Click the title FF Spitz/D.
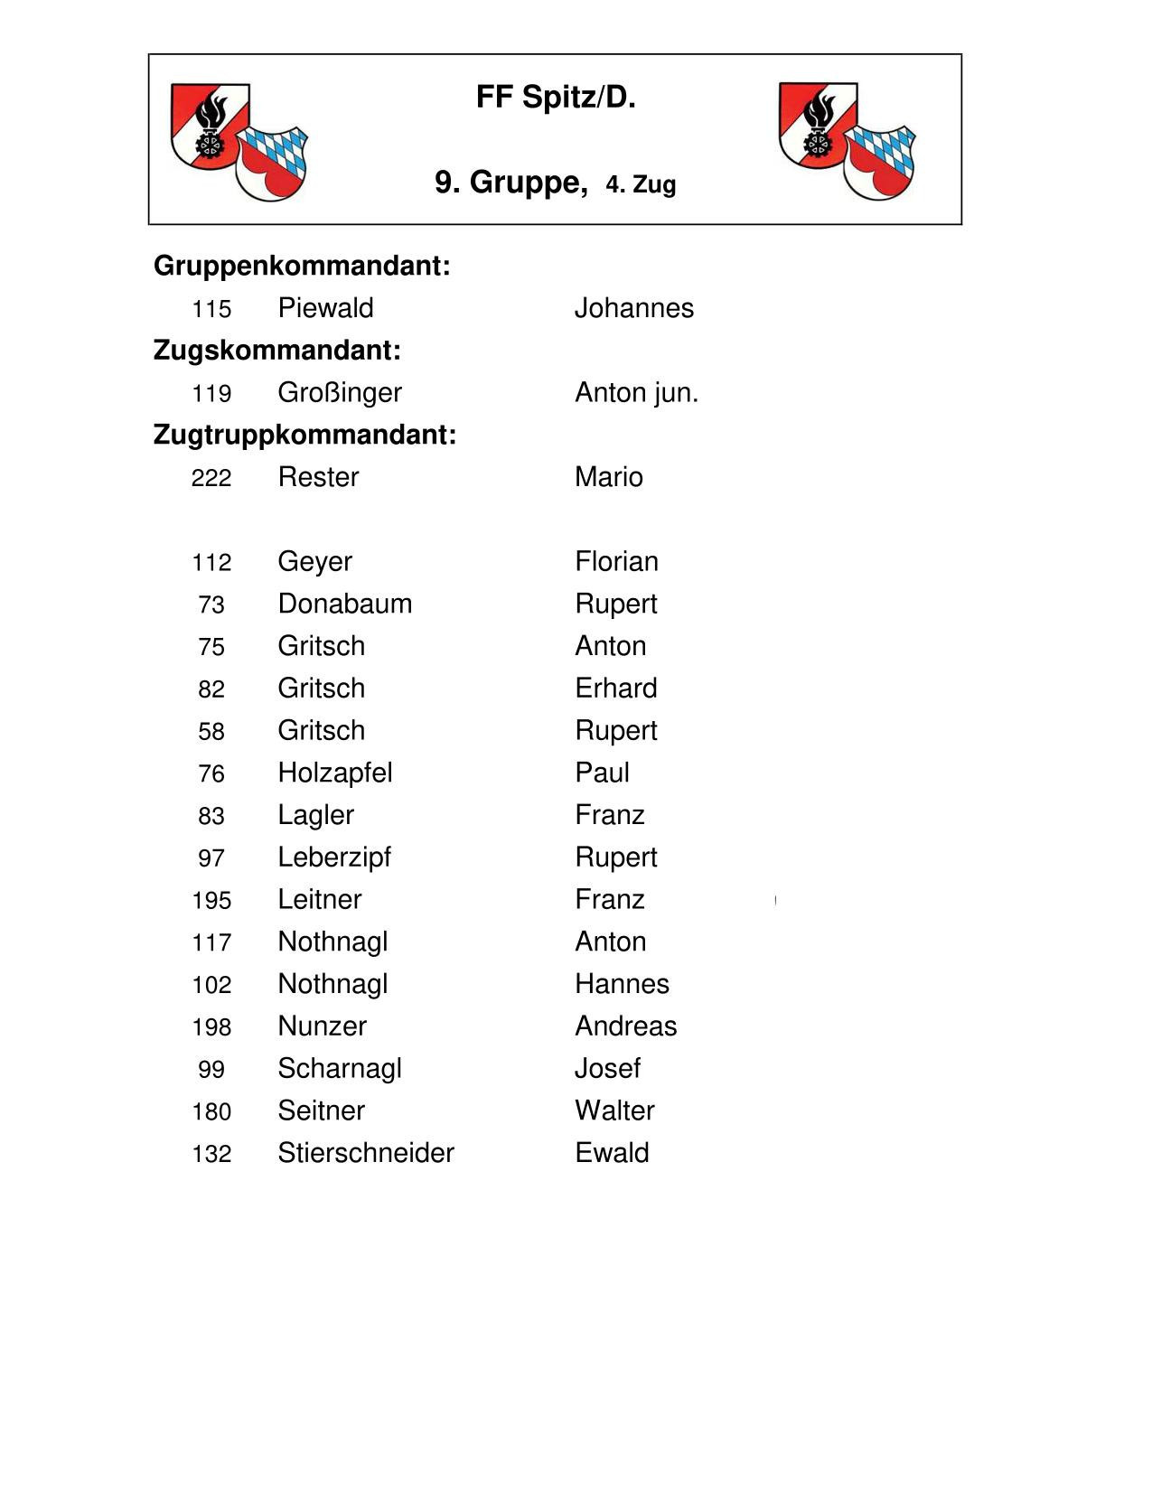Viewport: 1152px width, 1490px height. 556,98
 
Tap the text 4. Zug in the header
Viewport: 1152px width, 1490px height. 641,185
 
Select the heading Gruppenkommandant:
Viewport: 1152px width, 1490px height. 302,266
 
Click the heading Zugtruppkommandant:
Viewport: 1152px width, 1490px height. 304,435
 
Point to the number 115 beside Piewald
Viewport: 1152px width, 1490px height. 211,309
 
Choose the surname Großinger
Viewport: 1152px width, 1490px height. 339,393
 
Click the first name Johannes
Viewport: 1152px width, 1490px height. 633,308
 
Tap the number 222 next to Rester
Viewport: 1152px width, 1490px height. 211,478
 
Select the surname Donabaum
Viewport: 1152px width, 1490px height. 344,604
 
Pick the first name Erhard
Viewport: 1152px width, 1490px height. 615,689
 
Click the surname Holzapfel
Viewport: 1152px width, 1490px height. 334,773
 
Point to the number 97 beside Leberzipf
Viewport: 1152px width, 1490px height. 211,858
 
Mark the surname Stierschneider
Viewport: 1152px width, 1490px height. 365,1153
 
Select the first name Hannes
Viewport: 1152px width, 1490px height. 622,984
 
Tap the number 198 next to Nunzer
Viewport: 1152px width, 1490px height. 211,1027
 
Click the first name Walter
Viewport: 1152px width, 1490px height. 614,1110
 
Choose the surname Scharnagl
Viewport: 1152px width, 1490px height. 339,1069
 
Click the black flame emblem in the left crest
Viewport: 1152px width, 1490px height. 211,116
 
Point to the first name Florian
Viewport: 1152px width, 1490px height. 616,562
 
